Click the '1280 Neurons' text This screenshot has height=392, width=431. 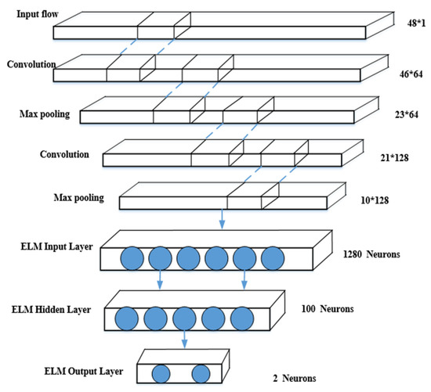pos(371,255)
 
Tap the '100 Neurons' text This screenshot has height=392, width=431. pos(328,310)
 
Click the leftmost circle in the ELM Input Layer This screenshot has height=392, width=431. pos(132,258)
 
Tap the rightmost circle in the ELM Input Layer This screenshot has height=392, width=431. pos(272,258)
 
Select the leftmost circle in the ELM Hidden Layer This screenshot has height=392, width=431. pos(128,318)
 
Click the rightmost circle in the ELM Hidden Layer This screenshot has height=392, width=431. pos(244,318)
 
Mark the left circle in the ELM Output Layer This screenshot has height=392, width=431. pos(161,373)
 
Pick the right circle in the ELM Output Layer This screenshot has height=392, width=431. pos(201,373)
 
